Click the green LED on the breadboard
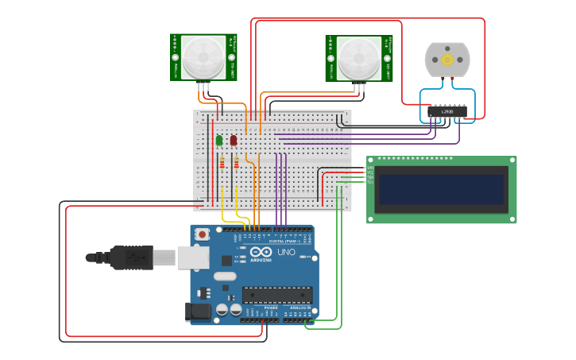218,141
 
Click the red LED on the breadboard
234,141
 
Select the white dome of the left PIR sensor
203,57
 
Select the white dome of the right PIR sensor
358,58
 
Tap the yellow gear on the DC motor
447,60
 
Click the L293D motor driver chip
447,112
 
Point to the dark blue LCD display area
441,190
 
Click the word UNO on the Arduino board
286,253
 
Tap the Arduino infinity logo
261,253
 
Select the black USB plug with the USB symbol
131,257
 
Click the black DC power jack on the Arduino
198,312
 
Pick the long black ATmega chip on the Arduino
276,295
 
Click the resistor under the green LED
222,164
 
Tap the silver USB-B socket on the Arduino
193,257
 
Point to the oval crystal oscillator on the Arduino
225,276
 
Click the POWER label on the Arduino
260,308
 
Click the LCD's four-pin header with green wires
369,175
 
